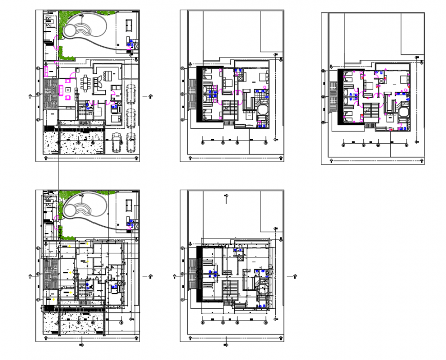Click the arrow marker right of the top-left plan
coord(150,96)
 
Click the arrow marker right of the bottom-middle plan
coord(294,276)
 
